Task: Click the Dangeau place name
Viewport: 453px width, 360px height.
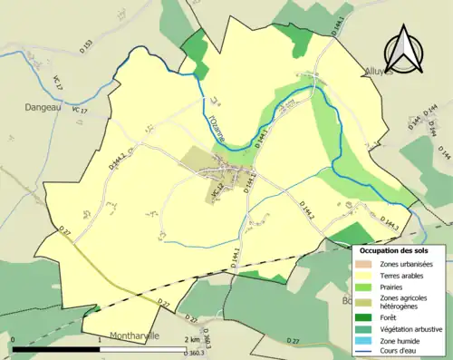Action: click(x=37, y=106)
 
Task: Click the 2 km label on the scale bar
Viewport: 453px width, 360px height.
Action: click(x=191, y=340)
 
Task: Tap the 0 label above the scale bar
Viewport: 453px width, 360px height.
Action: click(x=14, y=340)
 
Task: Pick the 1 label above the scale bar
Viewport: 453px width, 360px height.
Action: click(x=99, y=340)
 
